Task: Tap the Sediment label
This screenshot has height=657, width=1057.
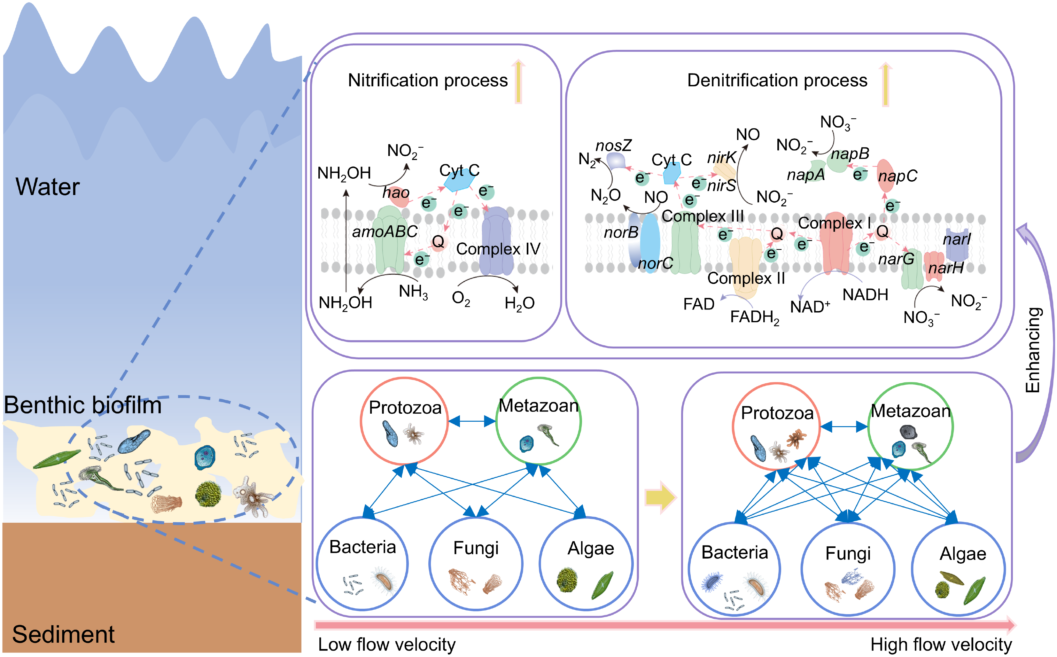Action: (63, 634)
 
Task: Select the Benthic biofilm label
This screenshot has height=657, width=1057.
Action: (82, 405)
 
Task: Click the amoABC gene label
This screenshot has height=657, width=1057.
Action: (385, 231)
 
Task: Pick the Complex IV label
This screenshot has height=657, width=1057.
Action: (498, 249)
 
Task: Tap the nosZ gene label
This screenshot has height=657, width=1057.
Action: (613, 145)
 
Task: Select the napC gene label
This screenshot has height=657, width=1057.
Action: (897, 176)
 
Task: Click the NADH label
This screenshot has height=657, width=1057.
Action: (865, 294)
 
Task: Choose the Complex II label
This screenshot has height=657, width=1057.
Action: (746, 278)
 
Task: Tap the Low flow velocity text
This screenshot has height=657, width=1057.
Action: (387, 645)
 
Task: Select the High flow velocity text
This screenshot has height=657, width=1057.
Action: (941, 645)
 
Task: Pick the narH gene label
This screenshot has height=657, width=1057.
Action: (946, 268)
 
